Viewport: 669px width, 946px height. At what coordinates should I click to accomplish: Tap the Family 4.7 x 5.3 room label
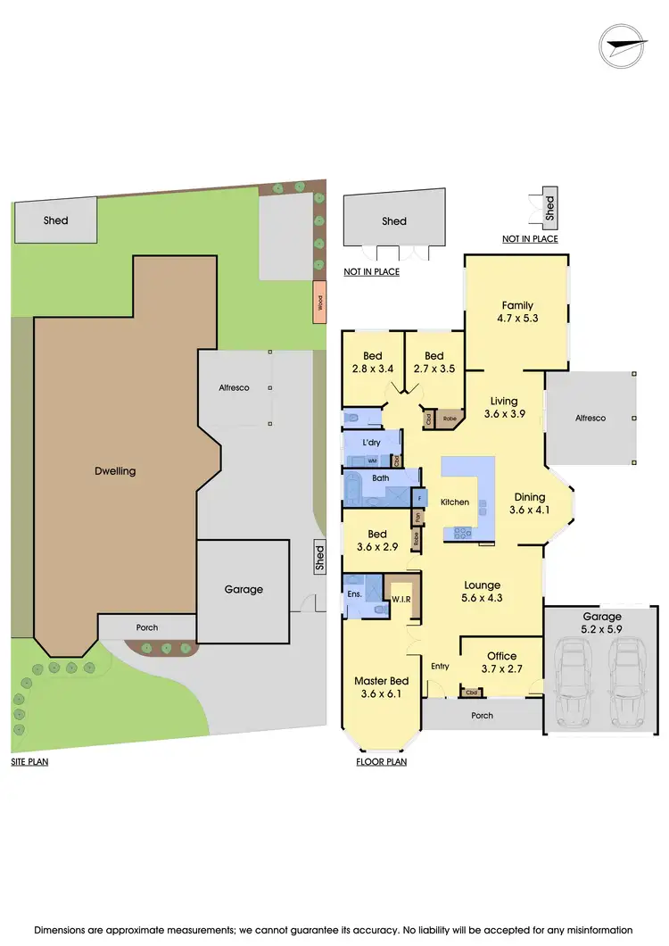point(517,311)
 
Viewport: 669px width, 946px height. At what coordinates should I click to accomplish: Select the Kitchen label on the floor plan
point(455,502)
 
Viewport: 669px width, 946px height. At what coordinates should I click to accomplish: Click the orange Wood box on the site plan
point(318,303)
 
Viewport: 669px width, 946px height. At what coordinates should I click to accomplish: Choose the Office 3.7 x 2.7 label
point(501,662)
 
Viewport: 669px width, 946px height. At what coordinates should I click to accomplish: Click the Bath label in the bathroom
point(381,478)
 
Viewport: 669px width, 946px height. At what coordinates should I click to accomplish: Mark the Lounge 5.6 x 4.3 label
point(482,592)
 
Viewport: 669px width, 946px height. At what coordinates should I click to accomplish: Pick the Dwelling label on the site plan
point(115,470)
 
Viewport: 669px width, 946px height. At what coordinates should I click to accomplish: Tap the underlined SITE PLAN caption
point(29,762)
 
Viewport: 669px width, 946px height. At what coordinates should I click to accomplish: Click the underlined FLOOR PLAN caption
point(382,762)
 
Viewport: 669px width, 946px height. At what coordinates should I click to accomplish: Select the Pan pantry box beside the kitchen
point(417,517)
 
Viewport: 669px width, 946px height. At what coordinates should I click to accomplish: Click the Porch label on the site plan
point(147,627)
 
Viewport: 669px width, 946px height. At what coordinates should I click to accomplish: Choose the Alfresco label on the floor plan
point(590,418)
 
